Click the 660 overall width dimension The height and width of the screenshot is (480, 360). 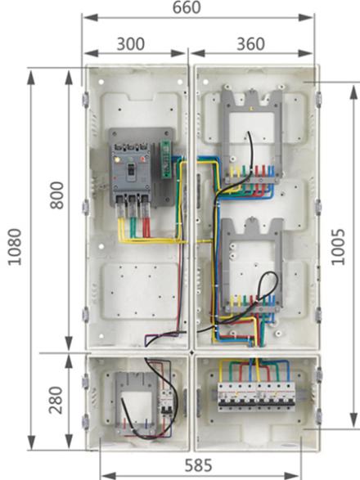187,7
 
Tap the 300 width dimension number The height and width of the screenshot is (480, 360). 131,44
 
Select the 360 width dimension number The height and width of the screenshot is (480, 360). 250,44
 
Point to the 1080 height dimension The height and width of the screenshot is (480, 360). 15,247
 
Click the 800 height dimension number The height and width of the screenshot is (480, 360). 56,195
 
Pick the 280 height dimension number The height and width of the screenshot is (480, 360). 56,400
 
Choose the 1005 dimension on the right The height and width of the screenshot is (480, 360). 338,247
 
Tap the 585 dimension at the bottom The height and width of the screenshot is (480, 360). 198,465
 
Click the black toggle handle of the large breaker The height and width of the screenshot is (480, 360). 131,169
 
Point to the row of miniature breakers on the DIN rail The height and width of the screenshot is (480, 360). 256,397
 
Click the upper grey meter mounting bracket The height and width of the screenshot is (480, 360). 252,135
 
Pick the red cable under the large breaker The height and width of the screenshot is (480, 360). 146,222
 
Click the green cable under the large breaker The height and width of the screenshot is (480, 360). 133,222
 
